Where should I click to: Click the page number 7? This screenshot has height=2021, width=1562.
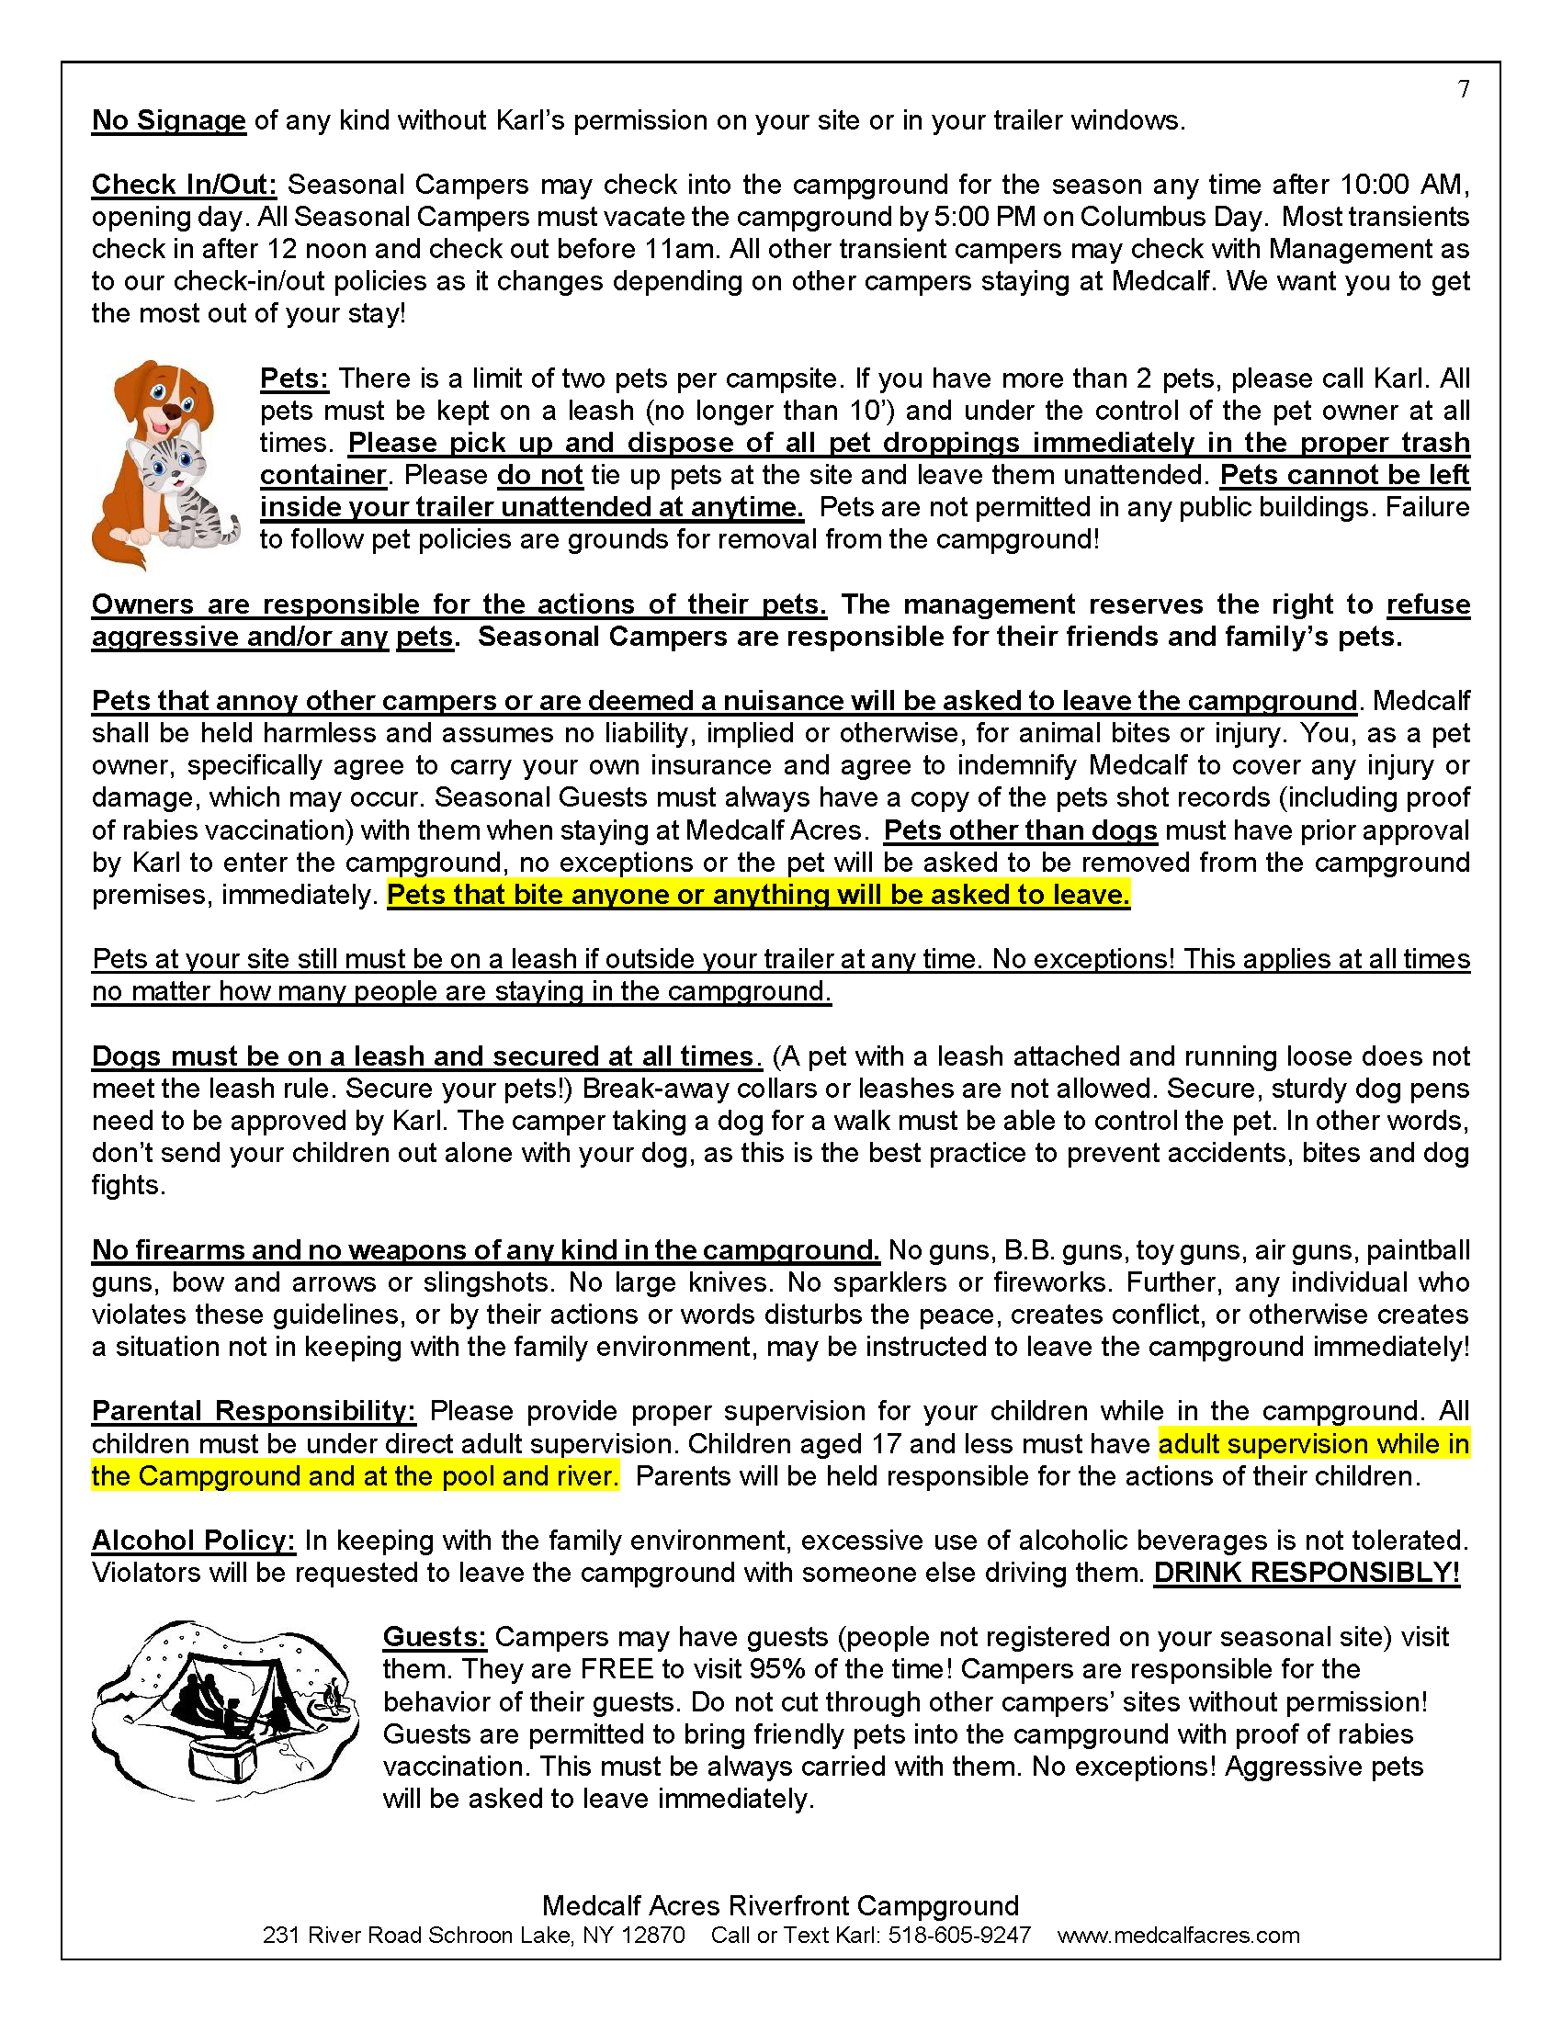pos(1463,89)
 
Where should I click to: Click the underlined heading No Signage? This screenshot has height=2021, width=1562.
pos(168,120)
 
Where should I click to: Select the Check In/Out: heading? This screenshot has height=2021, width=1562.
pos(184,185)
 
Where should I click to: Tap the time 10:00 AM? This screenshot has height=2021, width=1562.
pos(1403,185)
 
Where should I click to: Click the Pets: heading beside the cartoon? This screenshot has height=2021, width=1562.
pos(294,378)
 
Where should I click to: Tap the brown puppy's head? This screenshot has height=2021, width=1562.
pos(162,393)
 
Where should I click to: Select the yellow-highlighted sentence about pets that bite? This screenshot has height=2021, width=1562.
pos(758,895)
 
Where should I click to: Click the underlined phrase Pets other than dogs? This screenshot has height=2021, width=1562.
pos(1020,830)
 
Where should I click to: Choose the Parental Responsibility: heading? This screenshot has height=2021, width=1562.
pos(254,1411)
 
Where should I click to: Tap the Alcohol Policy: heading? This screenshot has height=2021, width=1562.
pos(193,1541)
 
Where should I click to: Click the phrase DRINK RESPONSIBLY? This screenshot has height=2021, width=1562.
pos(1306,1573)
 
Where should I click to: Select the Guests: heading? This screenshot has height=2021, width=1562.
pos(434,1637)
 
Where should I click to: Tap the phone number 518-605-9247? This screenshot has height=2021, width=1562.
pos(958,1935)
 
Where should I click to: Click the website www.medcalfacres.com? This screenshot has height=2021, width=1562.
pos(1178,1935)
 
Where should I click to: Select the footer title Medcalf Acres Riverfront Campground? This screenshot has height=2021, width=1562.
pos(780,1905)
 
